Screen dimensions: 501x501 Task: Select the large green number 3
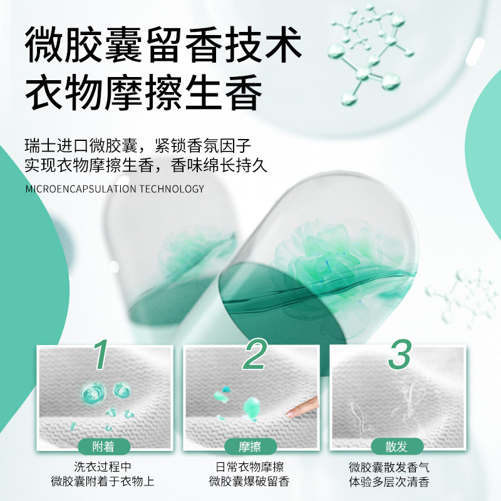[x=400, y=354]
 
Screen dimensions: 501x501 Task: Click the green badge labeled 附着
[x=103, y=447]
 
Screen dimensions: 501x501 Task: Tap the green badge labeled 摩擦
[x=250, y=447]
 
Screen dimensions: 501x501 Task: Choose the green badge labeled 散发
[x=397, y=447]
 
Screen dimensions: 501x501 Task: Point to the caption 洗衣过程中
[x=103, y=467]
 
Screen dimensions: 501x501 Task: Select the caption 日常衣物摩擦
[x=250, y=467]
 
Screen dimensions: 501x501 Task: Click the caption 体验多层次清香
[x=397, y=482]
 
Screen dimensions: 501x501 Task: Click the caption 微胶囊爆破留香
[x=250, y=482]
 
